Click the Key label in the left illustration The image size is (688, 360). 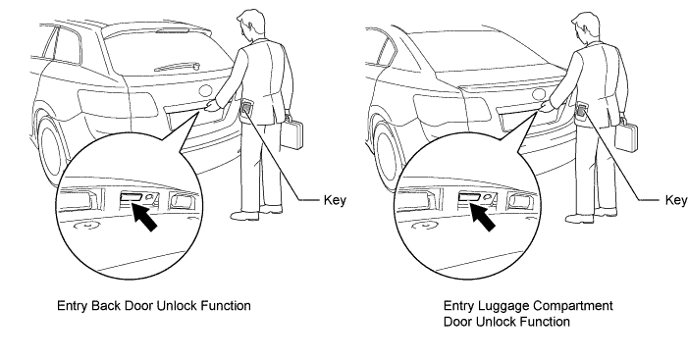point(335,200)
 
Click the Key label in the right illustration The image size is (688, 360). point(676,200)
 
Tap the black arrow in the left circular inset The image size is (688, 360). point(143,216)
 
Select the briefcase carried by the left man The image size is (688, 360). point(291,132)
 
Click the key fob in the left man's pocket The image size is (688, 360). point(247,107)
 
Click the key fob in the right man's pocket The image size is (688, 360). point(582,109)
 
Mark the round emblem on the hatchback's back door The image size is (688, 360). point(206,91)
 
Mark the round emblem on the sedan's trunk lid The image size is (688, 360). point(539,95)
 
